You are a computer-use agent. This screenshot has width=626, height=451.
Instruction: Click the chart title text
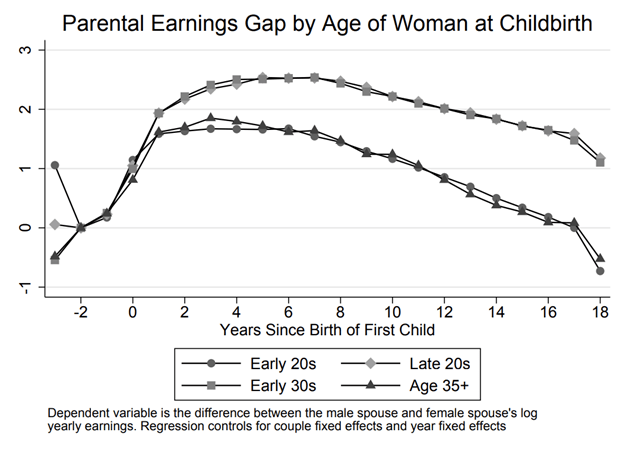[x=313, y=21]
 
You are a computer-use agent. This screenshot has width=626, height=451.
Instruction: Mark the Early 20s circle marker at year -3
[x=55, y=165]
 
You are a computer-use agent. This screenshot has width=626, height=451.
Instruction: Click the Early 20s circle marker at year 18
[x=600, y=271]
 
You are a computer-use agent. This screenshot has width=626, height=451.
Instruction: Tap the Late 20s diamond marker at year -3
[x=55, y=224]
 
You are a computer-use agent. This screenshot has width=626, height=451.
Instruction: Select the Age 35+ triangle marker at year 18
[x=600, y=258]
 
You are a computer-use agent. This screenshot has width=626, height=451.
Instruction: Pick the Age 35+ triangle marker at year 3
[x=210, y=118]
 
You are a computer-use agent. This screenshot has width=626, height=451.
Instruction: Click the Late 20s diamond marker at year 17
[x=574, y=134]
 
